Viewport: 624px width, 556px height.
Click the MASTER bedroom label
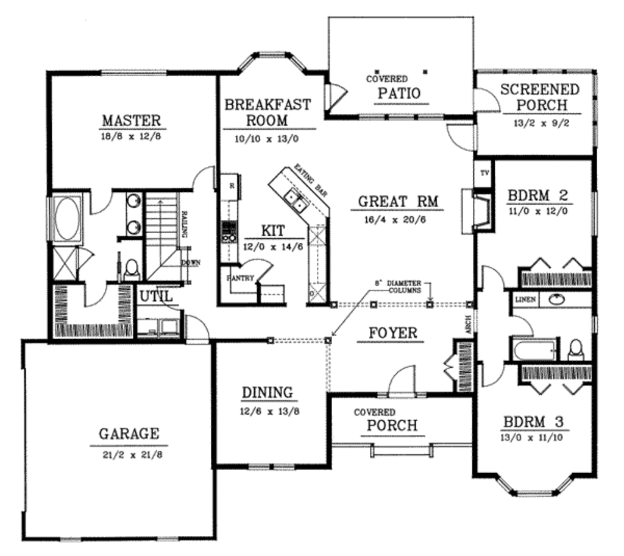131,119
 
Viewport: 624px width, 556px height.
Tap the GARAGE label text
129,434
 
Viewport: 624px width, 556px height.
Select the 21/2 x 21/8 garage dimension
129,454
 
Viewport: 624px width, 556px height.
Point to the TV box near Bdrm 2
484,173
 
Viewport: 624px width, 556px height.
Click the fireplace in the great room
481,211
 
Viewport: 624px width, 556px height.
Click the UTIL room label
157,297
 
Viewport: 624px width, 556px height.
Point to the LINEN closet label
525,300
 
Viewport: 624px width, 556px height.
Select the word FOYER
392,333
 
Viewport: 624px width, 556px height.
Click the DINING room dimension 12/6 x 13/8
267,411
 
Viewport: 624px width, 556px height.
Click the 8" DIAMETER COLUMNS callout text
399,287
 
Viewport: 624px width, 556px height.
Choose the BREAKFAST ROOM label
268,111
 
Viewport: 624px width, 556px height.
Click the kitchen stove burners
230,231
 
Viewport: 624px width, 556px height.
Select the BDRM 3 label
533,421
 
